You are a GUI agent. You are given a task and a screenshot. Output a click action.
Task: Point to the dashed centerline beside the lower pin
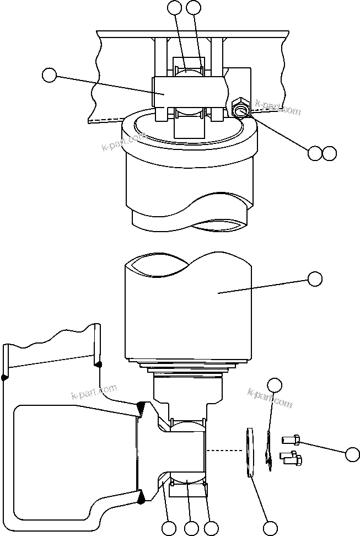click(226, 451)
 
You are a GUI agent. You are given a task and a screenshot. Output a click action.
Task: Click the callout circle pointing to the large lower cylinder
click(315, 279)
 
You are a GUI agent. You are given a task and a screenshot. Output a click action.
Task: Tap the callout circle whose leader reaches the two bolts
click(353, 454)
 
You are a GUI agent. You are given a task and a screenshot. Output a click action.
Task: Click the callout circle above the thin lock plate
click(275, 384)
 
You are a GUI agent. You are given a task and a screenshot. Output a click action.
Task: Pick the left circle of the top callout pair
click(175, 7)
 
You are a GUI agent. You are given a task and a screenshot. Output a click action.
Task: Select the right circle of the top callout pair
click(194, 7)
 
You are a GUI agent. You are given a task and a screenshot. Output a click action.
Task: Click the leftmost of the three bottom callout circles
click(169, 528)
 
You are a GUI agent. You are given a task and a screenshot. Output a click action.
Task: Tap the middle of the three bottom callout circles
click(191, 528)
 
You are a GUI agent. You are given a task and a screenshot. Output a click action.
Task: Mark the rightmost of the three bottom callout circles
click(211, 528)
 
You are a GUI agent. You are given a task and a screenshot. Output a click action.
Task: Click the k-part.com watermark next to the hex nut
click(278, 108)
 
